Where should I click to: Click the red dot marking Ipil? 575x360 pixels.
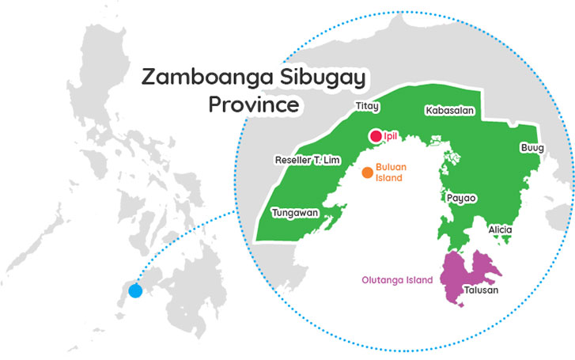click(375, 137)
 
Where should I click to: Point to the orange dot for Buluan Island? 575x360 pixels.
click(367, 172)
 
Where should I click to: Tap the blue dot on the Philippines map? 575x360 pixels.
click(135, 290)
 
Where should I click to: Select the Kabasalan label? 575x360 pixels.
click(449, 111)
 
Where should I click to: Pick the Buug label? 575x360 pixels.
click(531, 148)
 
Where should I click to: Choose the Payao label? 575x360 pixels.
click(462, 199)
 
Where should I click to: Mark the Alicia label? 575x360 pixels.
click(501, 229)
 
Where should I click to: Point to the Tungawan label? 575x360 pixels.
click(294, 213)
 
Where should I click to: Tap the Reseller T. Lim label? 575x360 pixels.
click(307, 160)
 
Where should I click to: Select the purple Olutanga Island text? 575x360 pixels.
click(398, 280)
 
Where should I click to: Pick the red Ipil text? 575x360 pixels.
click(389, 137)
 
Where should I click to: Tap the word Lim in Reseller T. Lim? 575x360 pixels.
click(331, 160)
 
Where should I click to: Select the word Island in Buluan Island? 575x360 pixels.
click(388, 179)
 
